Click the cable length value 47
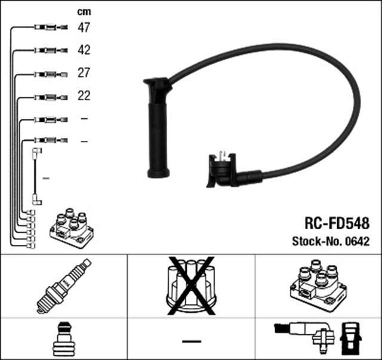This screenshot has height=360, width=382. [84, 27]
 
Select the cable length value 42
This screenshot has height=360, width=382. [84, 50]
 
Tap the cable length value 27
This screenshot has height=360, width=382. [84, 73]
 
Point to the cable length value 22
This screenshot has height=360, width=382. [84, 96]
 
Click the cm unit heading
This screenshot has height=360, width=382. [84, 11]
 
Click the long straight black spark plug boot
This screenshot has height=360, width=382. [158, 128]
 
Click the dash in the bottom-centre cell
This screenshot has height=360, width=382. [192, 340]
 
